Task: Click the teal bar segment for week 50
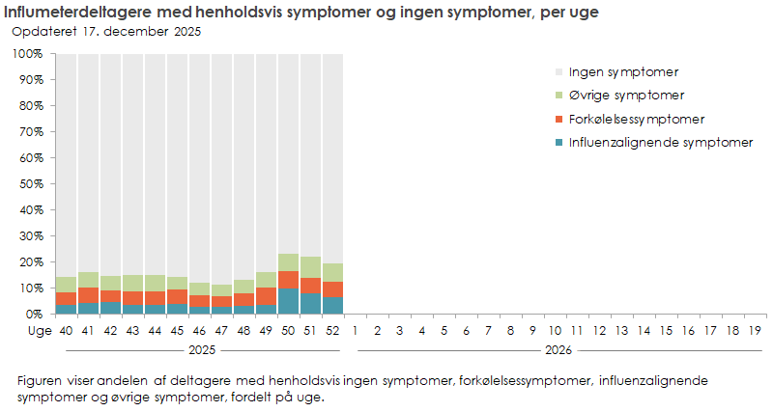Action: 289,301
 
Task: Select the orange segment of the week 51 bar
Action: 311,286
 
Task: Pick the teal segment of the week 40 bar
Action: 67,309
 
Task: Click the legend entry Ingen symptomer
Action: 622,72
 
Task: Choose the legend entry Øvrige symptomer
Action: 626,96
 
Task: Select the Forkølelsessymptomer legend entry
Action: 636,120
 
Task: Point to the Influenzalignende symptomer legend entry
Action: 660,143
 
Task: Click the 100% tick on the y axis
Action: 27,53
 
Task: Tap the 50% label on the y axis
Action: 30,183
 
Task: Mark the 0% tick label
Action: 33,314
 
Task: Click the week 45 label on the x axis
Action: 178,331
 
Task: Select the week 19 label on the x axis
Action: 755,331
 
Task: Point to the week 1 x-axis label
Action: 356,331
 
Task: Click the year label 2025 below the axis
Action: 200,349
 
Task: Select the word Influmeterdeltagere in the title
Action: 72,11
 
